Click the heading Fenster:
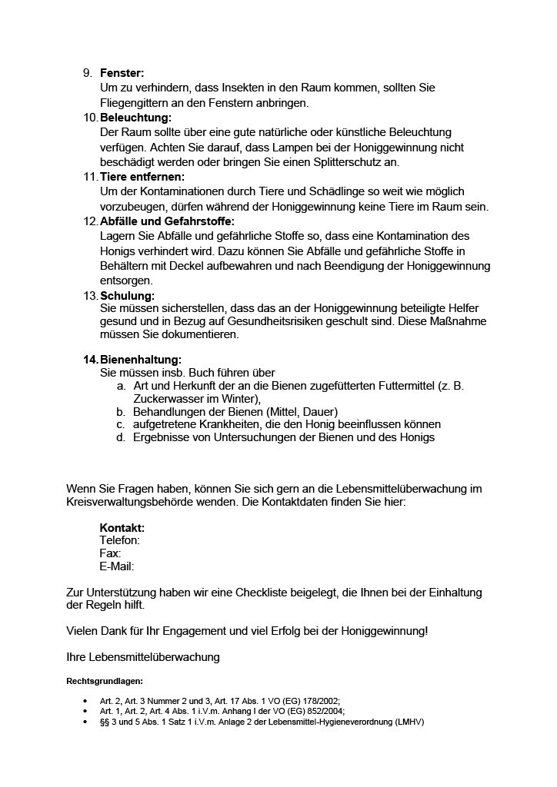[122, 73]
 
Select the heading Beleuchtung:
[135, 118]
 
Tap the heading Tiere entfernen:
[142, 177]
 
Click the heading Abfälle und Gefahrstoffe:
[167, 221]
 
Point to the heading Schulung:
[127, 295]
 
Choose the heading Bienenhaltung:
[141, 360]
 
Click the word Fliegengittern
[135, 102]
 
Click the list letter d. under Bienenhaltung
[121, 437]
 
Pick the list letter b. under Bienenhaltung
[121, 412]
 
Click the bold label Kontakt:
[122, 528]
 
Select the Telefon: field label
[120, 540]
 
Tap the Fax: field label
[110, 553]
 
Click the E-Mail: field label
[117, 566]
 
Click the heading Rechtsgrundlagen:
[105, 681]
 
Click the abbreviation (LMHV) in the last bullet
[409, 722]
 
